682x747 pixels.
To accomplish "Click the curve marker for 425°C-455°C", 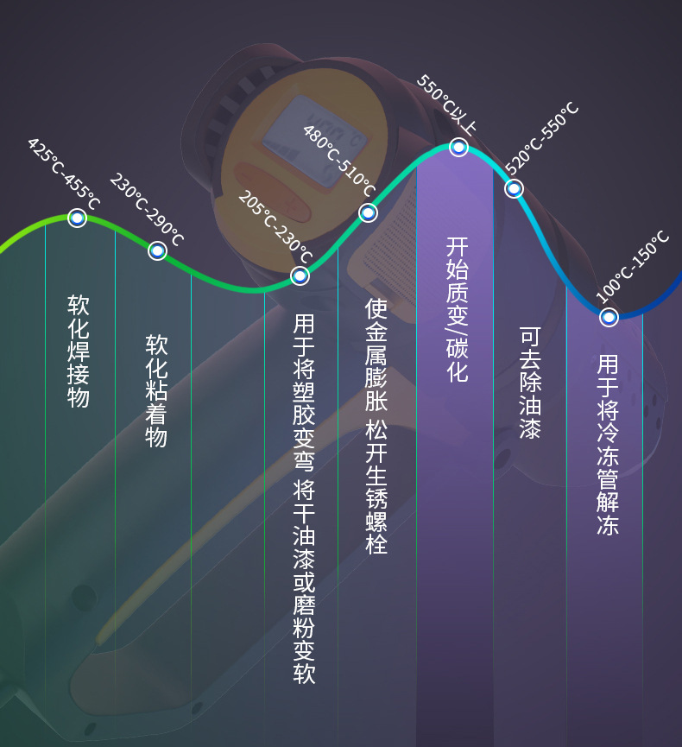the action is (x=77, y=218).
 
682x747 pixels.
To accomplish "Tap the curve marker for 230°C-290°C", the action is (x=157, y=250).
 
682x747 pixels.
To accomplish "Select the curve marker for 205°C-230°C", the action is (x=300, y=275).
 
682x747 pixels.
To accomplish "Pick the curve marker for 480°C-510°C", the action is (x=368, y=212).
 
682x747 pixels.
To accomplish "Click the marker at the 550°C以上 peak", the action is (x=459, y=148).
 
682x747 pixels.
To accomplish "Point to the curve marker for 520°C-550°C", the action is (x=514, y=188).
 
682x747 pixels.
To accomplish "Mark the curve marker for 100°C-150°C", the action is (x=609, y=317).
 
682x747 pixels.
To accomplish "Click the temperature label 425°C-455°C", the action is (x=64, y=174).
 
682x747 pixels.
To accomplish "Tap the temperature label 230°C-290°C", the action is (x=147, y=210).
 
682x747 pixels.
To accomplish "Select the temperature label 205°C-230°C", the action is (x=275, y=227).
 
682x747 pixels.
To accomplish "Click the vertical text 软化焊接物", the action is (x=79, y=351).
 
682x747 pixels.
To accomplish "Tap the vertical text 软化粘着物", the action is (x=156, y=390).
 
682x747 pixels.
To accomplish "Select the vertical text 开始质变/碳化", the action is (x=457, y=309).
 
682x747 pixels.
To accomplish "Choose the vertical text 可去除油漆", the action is (x=530, y=382).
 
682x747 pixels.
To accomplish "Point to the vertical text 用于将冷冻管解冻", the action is (x=608, y=444).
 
